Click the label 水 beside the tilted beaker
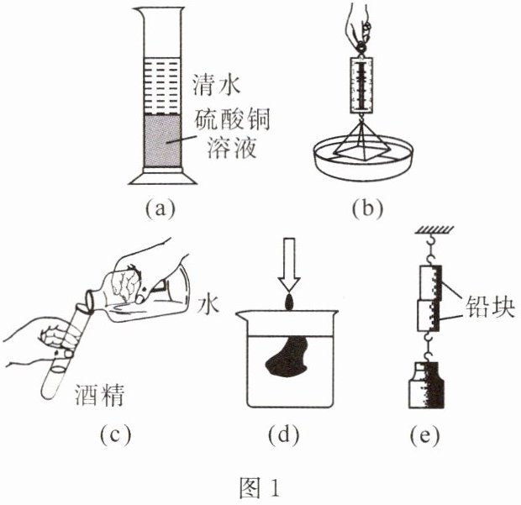coord(208,303)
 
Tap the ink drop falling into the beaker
coord(288,300)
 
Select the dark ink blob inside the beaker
coord(286,357)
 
